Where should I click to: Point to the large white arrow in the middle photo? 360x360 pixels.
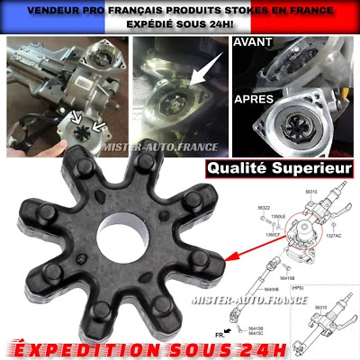(204, 71)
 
